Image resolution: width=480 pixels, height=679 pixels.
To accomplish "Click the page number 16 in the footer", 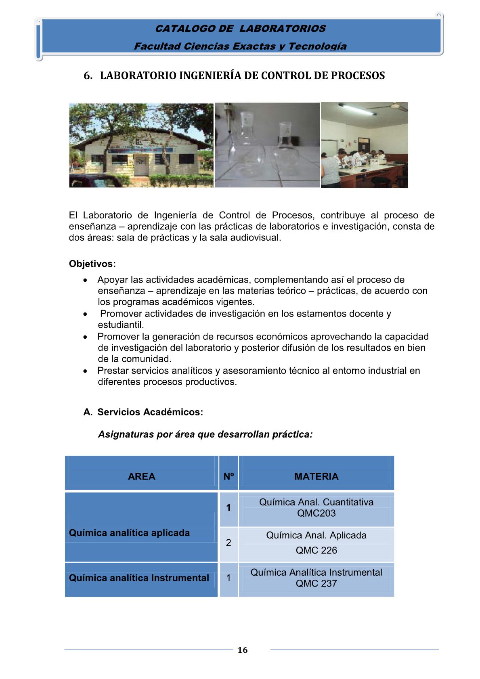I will (x=242, y=650).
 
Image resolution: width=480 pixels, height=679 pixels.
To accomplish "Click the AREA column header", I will (x=141, y=476).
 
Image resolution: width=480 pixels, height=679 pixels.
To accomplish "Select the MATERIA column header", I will (x=316, y=476).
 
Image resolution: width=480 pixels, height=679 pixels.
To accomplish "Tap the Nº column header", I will (x=228, y=476).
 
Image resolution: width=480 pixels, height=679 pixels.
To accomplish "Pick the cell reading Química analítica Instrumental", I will (x=139, y=578).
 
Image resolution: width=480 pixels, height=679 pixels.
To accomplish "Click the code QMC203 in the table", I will (x=316, y=513).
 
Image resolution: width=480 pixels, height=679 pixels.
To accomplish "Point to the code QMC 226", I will (x=316, y=550).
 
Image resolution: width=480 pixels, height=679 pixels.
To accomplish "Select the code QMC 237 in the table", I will (x=316, y=583).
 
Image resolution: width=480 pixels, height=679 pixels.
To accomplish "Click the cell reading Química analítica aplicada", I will (x=129, y=533).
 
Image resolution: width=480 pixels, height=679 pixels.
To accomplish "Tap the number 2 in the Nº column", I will (x=228, y=543).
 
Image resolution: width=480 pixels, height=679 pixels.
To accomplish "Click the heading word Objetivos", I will (x=92, y=264).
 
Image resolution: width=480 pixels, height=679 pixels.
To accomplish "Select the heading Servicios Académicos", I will (x=150, y=412).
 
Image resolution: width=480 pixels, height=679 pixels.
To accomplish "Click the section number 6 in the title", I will (x=86, y=76).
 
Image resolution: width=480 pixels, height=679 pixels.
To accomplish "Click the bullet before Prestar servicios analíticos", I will (x=85, y=371).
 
